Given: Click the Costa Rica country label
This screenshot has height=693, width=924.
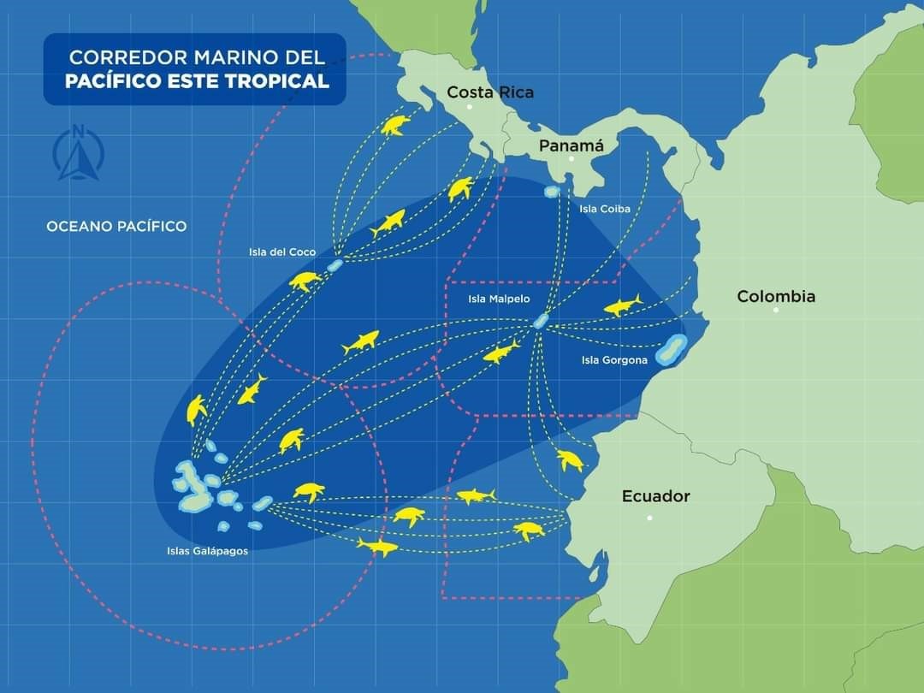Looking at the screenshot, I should click(x=490, y=92).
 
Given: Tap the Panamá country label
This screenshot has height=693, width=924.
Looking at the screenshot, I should click(x=572, y=145).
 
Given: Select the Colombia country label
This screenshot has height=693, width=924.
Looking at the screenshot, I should click(x=776, y=297).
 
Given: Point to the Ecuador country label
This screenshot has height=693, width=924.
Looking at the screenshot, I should click(x=655, y=496).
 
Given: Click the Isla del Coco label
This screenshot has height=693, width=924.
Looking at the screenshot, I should click(x=282, y=252).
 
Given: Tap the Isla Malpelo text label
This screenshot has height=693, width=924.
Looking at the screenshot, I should click(x=499, y=299).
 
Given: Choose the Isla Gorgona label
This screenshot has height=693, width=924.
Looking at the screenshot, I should click(x=614, y=360).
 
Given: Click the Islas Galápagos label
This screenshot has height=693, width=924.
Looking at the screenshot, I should click(x=207, y=551).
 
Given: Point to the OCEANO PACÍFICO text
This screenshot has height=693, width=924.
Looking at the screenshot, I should click(x=116, y=227).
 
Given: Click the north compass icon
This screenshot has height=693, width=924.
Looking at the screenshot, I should click(x=79, y=153).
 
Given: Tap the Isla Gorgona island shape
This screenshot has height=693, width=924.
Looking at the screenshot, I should click(x=671, y=350).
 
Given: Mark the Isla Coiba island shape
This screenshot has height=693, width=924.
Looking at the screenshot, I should click(x=553, y=192).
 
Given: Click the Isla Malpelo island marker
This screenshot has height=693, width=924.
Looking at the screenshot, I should click(x=540, y=321).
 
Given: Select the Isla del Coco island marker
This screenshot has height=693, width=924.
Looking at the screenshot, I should click(x=334, y=265).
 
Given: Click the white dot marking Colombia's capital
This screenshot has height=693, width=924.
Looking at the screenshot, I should click(x=776, y=310).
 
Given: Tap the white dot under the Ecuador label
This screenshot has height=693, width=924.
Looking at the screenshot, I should click(x=649, y=518).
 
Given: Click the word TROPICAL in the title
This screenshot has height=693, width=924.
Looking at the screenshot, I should click(x=282, y=81).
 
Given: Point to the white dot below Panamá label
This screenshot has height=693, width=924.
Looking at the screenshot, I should click(x=572, y=159).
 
